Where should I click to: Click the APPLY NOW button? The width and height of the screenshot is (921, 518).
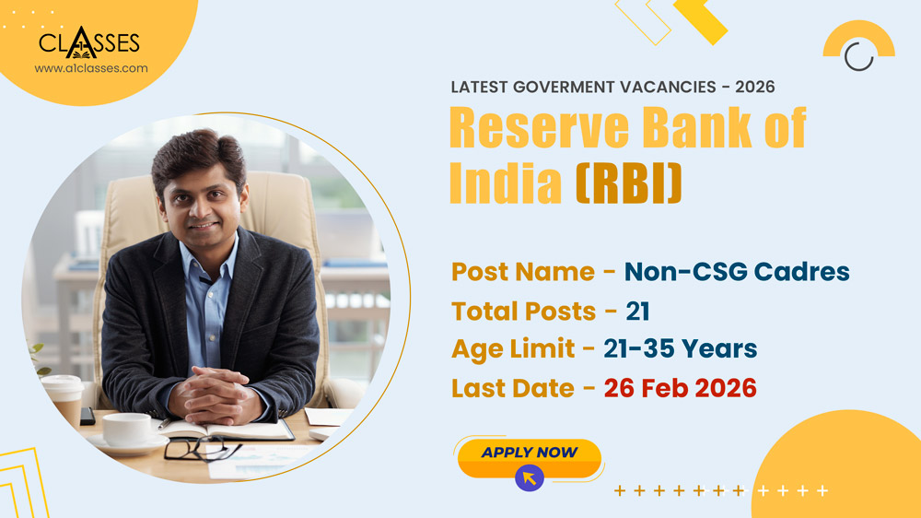coord(529,453)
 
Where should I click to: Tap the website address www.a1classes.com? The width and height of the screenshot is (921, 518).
coord(90,68)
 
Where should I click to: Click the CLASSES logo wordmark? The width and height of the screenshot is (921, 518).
coord(89,42)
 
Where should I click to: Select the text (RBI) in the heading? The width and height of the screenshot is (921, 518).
coord(629,182)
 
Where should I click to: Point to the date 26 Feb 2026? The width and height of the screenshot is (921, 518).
coord(680,388)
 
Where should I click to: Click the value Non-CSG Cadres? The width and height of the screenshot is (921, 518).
coord(737,272)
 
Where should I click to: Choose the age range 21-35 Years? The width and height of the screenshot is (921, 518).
coord(680,349)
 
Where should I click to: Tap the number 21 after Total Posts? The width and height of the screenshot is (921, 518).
coord(638,312)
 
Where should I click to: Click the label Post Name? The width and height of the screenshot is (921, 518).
coord(522,272)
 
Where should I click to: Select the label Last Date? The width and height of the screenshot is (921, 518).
coord(515,388)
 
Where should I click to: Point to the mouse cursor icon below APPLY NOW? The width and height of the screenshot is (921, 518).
coord(529,477)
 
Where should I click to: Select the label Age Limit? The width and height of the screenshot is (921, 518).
coord(515,349)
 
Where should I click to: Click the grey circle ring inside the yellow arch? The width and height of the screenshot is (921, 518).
coord(858,55)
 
